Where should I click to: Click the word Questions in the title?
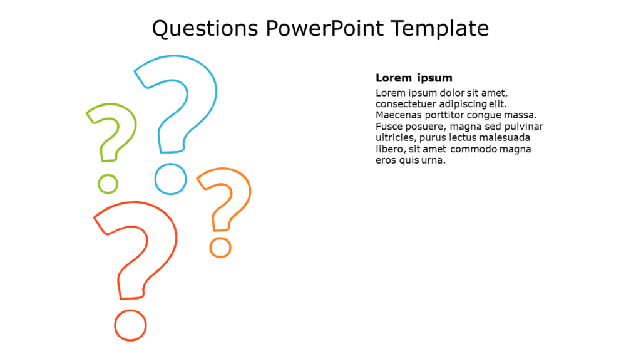click(205, 29)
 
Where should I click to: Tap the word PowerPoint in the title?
click(325, 28)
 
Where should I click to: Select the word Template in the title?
click(440, 29)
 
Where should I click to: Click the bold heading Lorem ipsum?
click(414, 78)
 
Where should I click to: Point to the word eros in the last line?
click(386, 160)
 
